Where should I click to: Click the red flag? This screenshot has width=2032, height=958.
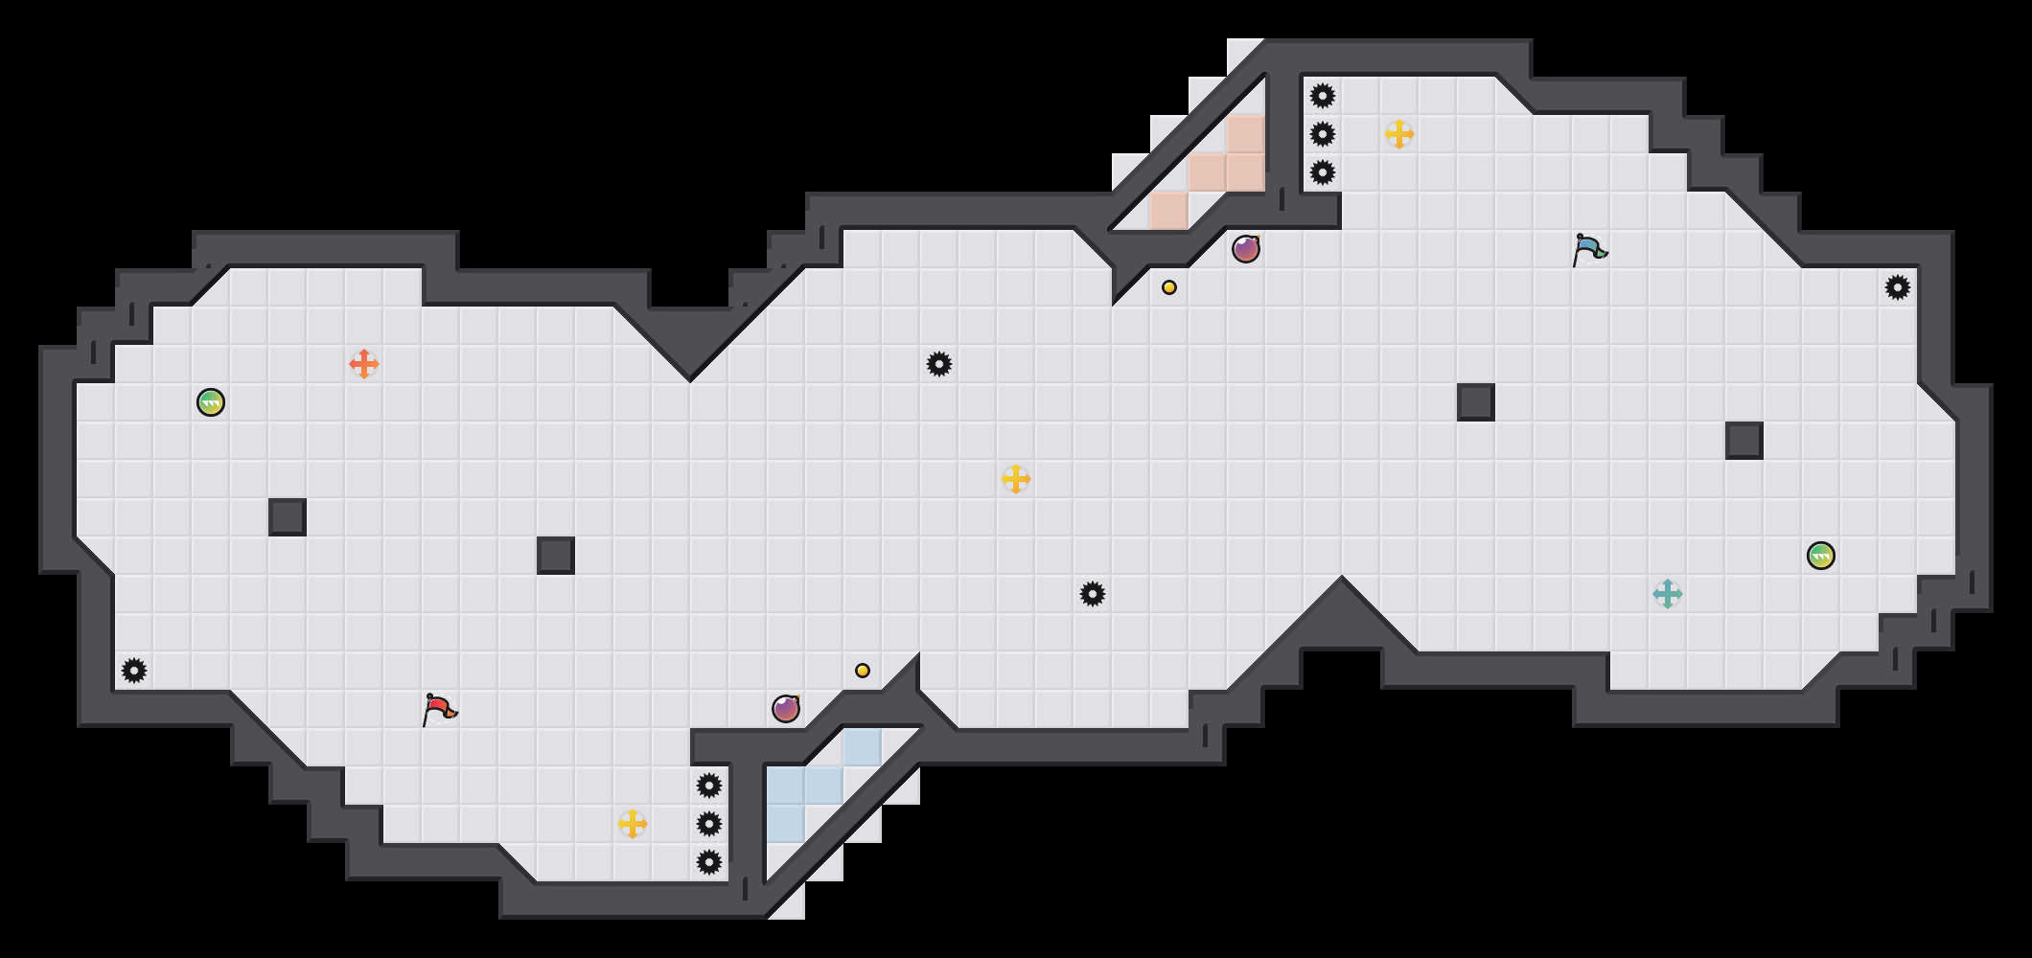click(439, 710)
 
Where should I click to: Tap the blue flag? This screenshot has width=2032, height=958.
click(1589, 250)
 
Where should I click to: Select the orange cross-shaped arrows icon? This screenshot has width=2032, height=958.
click(364, 364)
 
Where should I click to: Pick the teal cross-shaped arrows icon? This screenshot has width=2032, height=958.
click(1668, 594)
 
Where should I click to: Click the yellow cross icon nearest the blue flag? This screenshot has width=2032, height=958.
click(1399, 134)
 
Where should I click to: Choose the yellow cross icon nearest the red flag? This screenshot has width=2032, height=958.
click(633, 824)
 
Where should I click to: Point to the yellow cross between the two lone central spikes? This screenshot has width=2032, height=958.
click(1016, 479)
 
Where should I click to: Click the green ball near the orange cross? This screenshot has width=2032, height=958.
click(211, 402)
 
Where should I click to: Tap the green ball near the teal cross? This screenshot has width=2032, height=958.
click(1821, 556)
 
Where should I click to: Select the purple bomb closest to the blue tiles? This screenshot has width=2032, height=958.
click(786, 709)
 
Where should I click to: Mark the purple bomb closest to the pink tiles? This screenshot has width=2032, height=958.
click(1246, 249)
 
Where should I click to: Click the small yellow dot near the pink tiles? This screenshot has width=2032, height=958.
click(1169, 287)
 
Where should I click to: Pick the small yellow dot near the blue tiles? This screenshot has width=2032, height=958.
click(863, 671)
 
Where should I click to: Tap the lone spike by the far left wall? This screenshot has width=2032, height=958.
click(134, 671)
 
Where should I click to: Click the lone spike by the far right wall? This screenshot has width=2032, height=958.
click(1898, 287)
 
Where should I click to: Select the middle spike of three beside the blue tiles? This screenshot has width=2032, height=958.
click(709, 824)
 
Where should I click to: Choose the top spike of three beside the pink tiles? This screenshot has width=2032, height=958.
click(1323, 96)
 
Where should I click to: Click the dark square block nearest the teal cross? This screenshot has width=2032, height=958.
click(1744, 441)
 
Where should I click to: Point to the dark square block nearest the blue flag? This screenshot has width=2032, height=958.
click(1476, 402)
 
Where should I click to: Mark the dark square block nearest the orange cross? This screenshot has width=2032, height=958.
click(288, 517)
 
